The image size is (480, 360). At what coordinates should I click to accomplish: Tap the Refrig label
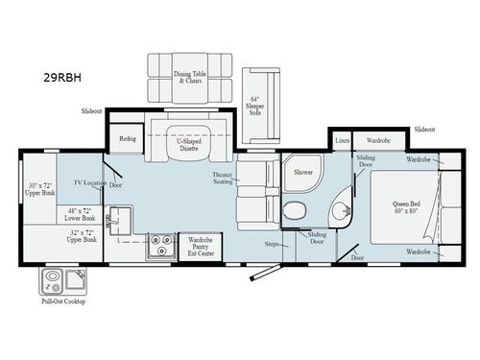tap(128, 138)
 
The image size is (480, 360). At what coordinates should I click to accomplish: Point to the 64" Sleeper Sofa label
tap(254, 106)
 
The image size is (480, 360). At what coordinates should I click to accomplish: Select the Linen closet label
tap(343, 140)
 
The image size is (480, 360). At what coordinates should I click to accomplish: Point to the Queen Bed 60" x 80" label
tap(407, 207)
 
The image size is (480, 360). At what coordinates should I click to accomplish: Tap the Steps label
tap(272, 244)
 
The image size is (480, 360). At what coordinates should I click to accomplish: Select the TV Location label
tap(88, 182)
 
